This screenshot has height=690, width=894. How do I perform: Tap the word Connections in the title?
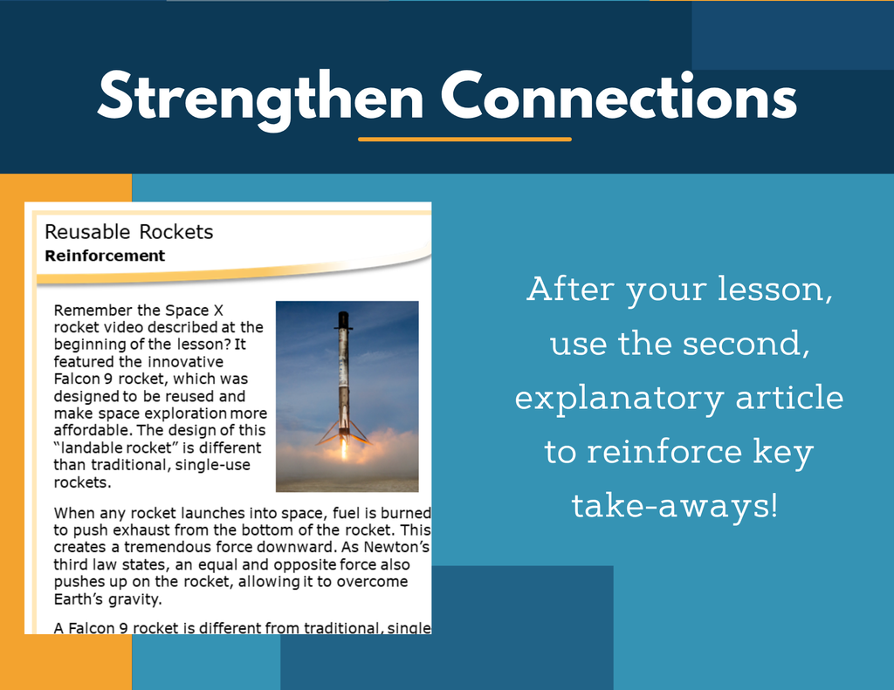point(619,95)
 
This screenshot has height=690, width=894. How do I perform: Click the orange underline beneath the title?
point(464,139)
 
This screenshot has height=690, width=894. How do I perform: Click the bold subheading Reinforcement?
point(105,256)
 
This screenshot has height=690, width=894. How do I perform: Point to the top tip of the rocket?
point(342,312)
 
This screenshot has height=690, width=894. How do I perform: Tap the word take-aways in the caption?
point(670,506)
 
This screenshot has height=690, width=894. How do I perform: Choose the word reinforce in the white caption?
point(664,451)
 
